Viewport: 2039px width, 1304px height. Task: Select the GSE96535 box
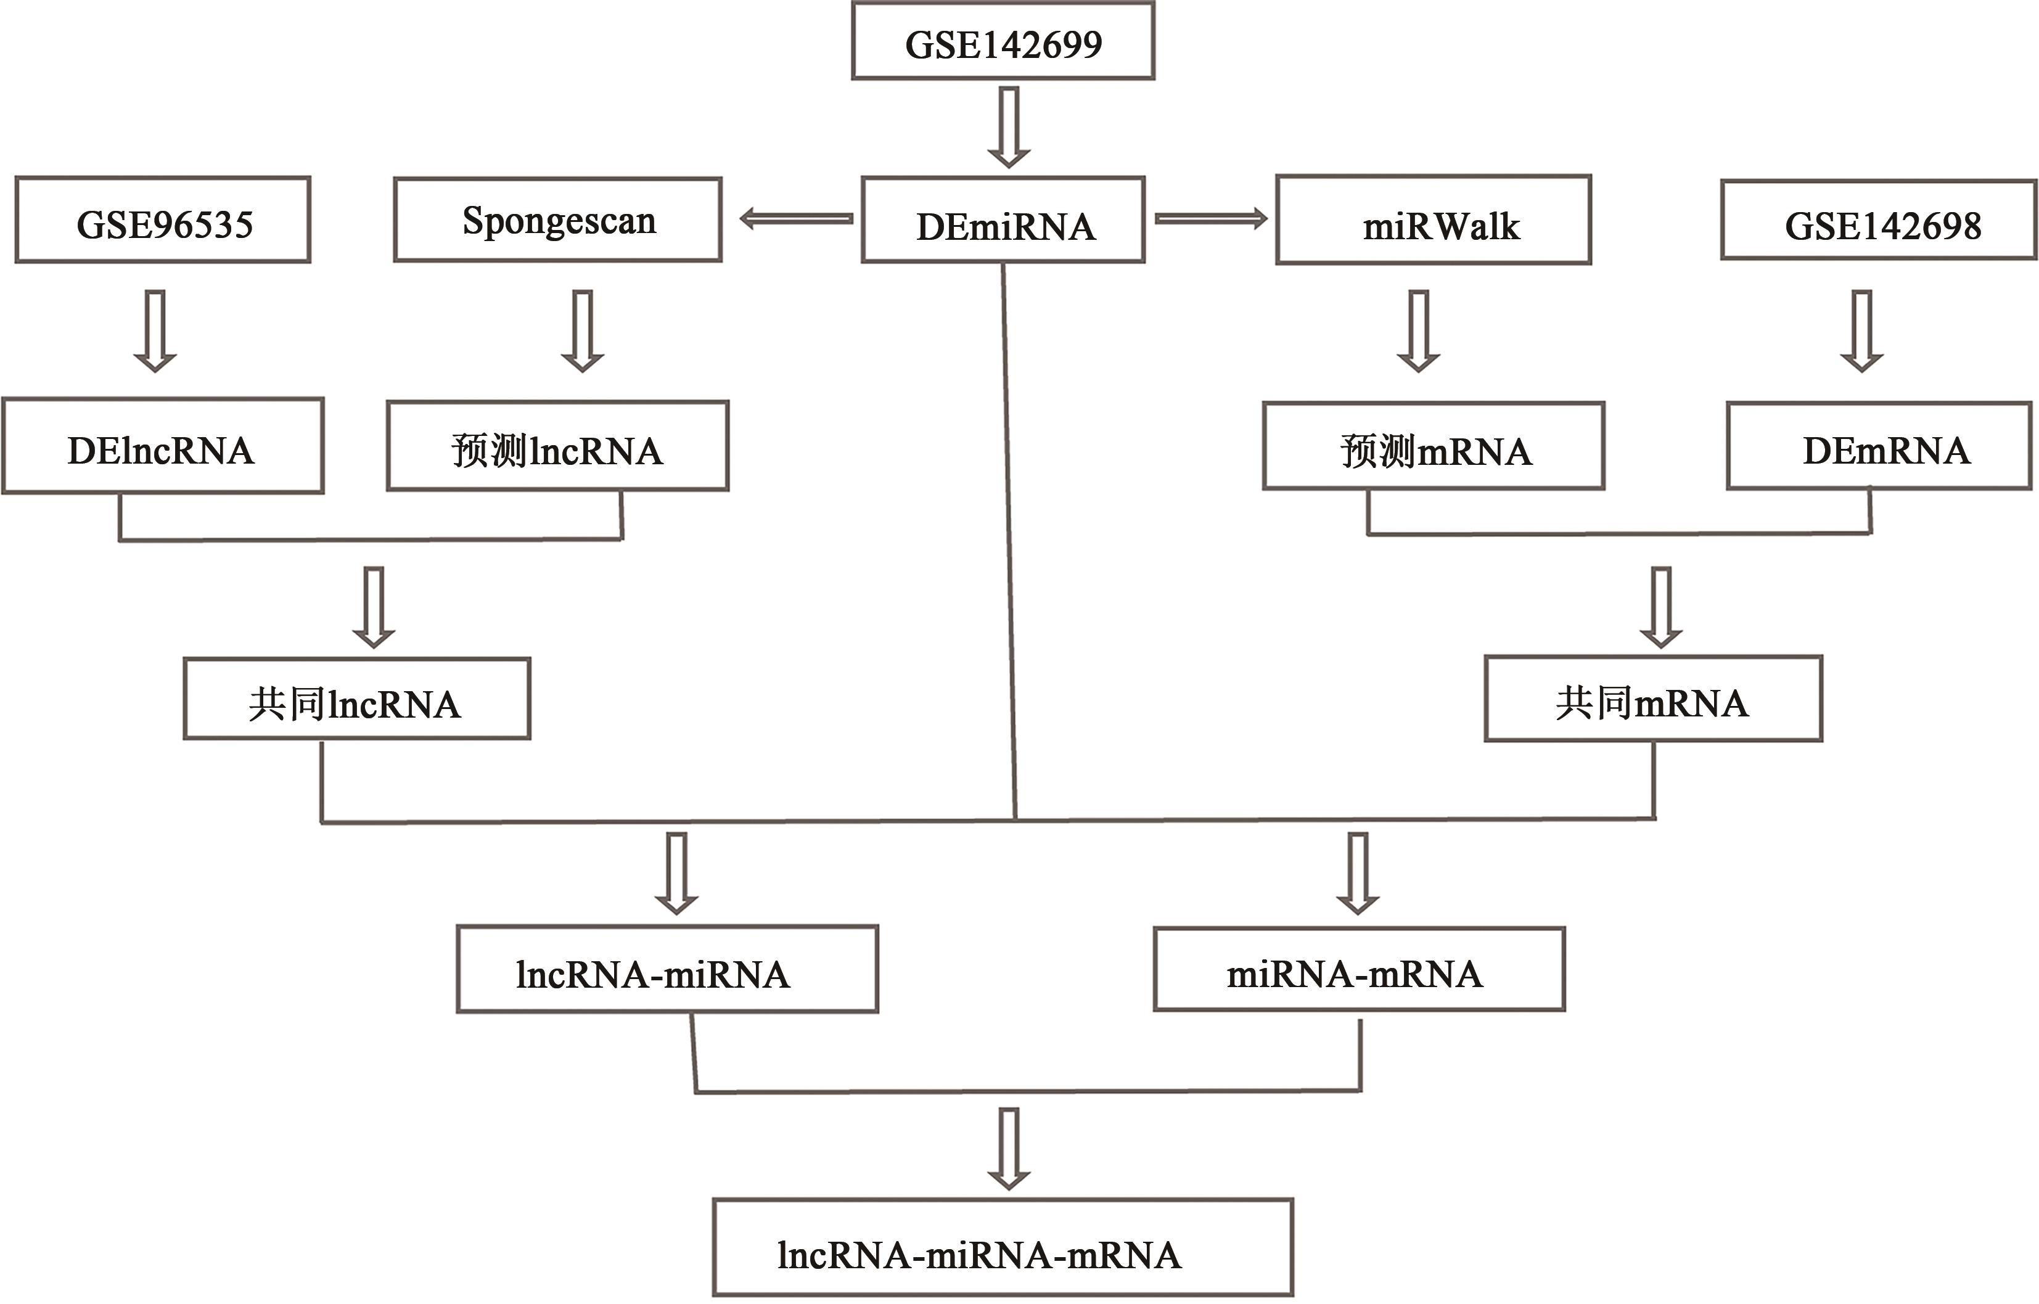click(163, 220)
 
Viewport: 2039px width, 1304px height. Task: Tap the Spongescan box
click(558, 219)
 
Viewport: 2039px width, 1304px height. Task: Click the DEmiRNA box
click(1003, 220)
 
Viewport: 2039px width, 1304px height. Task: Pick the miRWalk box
click(1434, 220)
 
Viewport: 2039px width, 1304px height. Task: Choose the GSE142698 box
click(1879, 220)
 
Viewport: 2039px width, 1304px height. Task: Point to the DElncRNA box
click(163, 446)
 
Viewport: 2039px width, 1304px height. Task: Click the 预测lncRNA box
click(558, 446)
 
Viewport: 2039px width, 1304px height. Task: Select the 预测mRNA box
click(1434, 446)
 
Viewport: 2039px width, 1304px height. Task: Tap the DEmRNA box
click(1879, 446)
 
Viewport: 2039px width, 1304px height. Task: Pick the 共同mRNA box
click(1653, 699)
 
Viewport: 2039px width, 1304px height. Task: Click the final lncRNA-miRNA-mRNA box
click(1003, 1248)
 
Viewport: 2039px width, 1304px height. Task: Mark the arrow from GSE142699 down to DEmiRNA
click(1009, 127)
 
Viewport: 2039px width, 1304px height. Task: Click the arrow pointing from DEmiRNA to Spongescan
click(796, 219)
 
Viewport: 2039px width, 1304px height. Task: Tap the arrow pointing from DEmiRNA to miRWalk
click(1211, 219)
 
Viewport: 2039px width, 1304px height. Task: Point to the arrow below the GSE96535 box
click(155, 330)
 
